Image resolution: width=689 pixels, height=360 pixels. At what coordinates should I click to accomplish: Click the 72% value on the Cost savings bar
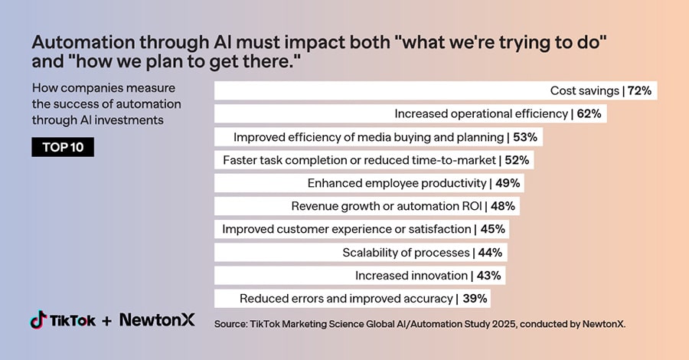[x=639, y=90]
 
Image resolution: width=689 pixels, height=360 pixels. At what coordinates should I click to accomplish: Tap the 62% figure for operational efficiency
[x=589, y=114]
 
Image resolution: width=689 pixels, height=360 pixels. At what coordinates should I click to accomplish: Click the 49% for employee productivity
[x=508, y=183]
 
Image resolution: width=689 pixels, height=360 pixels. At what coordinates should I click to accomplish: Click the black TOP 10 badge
[x=63, y=147]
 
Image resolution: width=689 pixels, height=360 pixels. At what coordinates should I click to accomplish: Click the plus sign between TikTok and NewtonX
[x=106, y=321]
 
